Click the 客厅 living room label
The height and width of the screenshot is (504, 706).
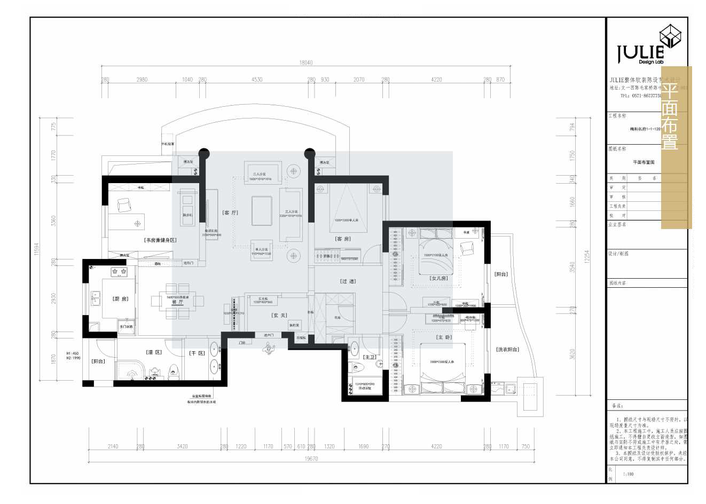click(231, 212)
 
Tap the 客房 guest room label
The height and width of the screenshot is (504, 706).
click(343, 239)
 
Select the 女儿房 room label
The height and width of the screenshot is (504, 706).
click(438, 278)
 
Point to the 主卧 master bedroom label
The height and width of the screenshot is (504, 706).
click(444, 337)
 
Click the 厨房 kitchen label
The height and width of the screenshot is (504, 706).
click(120, 299)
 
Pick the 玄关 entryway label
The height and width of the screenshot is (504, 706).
click(280, 316)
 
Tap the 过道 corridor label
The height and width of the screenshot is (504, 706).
click(348, 281)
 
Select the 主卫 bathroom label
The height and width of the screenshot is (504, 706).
click(369, 357)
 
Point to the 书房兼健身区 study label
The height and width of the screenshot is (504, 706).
click(160, 240)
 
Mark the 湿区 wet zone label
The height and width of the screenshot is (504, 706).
click(154, 352)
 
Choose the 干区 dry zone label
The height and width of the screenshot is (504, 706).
click(197, 353)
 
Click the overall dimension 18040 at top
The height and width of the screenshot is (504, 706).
click(306, 62)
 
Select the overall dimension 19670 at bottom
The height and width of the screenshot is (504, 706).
click(311, 459)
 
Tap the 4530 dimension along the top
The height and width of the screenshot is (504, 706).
click(257, 80)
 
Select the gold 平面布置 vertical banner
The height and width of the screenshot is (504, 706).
click(676, 147)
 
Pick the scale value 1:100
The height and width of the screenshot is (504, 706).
click(628, 474)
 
